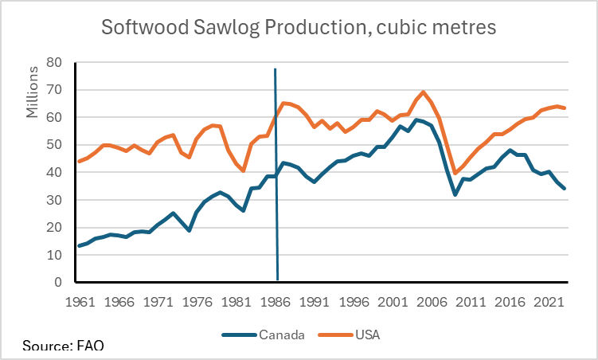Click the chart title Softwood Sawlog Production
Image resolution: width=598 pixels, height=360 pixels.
pos(299,28)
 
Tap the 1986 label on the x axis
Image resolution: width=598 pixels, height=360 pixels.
pos(276,303)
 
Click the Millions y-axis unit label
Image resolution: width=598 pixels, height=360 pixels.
pos(33,91)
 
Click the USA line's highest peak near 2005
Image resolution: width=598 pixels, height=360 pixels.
pos(423,92)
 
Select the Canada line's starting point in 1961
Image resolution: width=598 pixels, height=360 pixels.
pos(79,245)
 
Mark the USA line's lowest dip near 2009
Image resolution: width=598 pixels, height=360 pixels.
pos(455,173)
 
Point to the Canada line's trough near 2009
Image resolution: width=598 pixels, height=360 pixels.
pos(455,194)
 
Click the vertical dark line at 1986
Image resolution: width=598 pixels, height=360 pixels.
pos(276,175)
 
